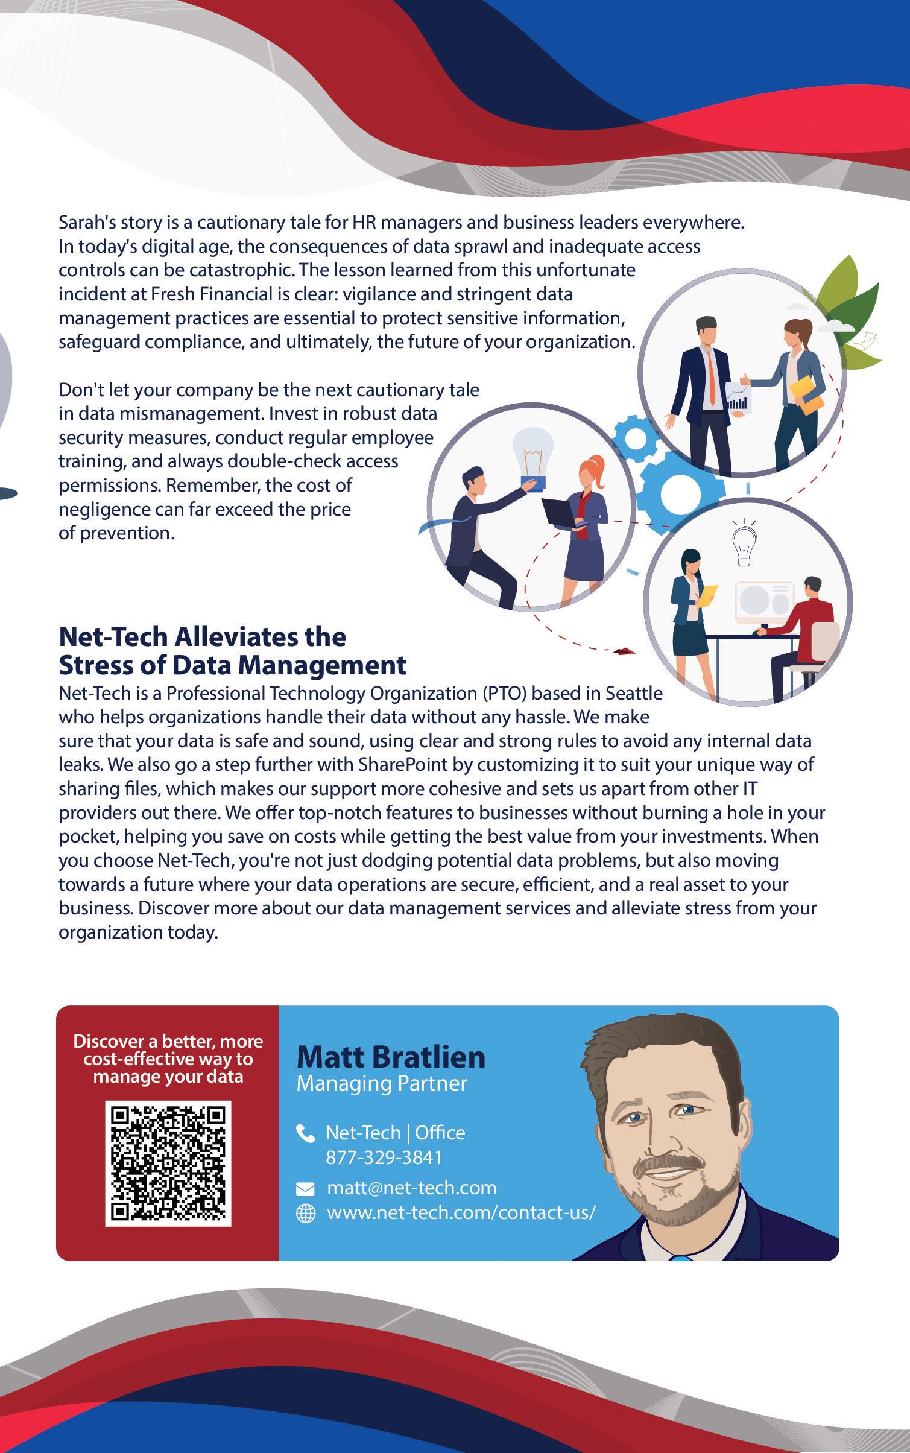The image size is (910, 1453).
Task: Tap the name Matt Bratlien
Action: tap(391, 1057)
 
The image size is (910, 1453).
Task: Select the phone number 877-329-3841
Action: tap(384, 1157)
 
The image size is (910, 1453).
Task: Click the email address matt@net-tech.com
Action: tap(411, 1188)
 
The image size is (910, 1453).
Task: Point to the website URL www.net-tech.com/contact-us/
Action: tap(461, 1212)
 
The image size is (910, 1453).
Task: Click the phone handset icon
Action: tap(306, 1134)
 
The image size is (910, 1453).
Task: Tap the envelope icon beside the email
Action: tap(306, 1189)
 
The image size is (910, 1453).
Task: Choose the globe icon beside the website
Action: tap(306, 1214)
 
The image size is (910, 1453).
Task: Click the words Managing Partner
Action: tap(382, 1084)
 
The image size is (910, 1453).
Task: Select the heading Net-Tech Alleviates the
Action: tap(202, 637)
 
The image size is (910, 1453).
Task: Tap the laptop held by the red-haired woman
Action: tap(562, 514)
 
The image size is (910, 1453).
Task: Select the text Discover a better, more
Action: tap(168, 1042)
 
